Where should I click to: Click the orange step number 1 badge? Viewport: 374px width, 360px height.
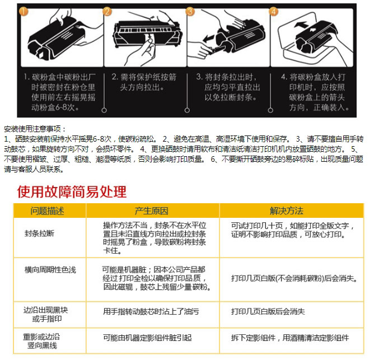click(x=24, y=11)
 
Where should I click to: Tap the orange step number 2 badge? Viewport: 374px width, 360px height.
click(x=107, y=11)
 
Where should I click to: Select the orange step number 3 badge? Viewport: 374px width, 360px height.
click(x=190, y=11)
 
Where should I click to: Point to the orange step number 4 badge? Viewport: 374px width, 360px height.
click(x=273, y=11)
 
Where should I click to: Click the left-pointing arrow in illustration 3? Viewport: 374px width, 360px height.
click(x=209, y=38)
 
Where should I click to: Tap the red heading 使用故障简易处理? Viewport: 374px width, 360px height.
click(x=72, y=191)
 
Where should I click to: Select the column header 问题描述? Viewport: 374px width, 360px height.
click(x=47, y=211)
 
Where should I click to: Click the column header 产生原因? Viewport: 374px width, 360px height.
click(x=151, y=211)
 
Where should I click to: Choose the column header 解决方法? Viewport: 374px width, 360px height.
click(x=287, y=211)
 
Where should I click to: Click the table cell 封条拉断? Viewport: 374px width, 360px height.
click(x=39, y=233)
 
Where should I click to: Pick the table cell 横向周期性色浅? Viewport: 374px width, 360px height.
click(x=50, y=270)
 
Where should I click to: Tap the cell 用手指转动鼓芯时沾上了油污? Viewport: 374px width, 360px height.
click(x=151, y=311)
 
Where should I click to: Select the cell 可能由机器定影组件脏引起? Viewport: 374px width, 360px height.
click(x=147, y=338)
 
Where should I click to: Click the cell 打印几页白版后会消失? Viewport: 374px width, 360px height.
click(x=268, y=311)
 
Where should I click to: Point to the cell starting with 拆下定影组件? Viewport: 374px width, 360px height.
click(x=290, y=338)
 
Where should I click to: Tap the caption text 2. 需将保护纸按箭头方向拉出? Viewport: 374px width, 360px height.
click(x=144, y=82)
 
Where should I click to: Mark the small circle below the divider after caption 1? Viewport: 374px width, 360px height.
click(x=104, y=110)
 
